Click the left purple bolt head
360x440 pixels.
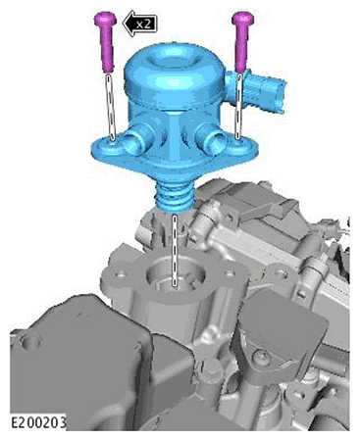click(105, 19)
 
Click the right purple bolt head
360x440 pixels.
click(243, 18)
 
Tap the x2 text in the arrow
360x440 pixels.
click(144, 24)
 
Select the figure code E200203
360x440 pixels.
click(38, 422)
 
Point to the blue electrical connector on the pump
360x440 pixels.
click(258, 92)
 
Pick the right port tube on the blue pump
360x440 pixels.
click(212, 140)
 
